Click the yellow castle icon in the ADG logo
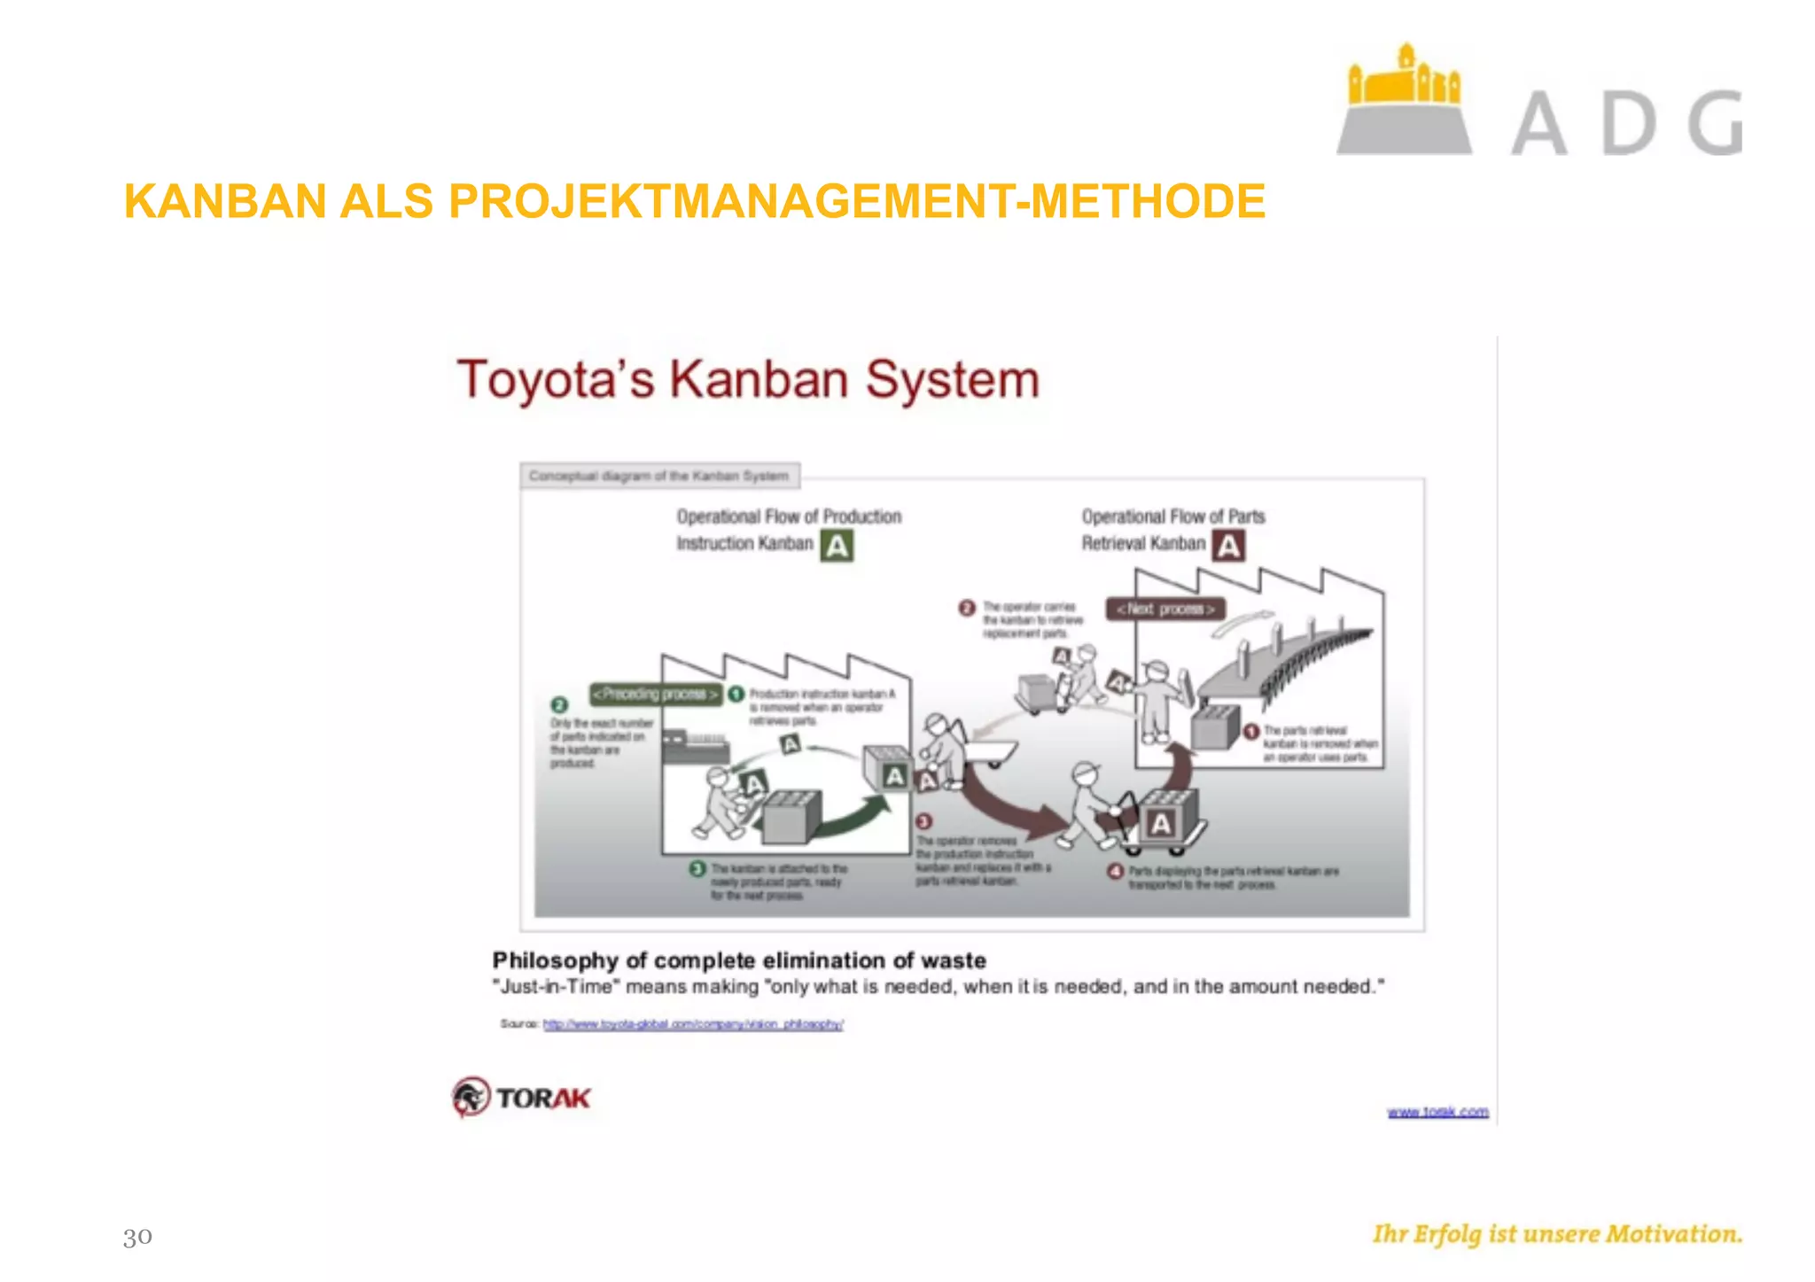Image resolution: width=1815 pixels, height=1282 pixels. (x=1404, y=77)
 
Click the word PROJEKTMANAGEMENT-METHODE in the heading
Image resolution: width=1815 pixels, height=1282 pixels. (x=856, y=201)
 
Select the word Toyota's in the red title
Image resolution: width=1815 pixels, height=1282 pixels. (x=555, y=379)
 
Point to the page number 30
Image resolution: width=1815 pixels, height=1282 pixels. (x=137, y=1236)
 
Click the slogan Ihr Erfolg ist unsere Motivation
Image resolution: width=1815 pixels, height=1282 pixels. (x=1557, y=1234)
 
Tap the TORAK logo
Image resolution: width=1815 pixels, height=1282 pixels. (x=521, y=1097)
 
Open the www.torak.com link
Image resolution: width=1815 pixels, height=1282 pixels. (x=1437, y=1112)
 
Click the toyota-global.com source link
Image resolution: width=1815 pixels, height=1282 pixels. (x=692, y=1024)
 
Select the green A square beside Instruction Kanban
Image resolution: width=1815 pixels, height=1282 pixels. (x=837, y=546)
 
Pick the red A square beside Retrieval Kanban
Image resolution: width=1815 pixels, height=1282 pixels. (x=1228, y=546)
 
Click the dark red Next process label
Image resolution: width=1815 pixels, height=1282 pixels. (x=1165, y=610)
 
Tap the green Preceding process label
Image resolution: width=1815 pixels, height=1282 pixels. (x=655, y=694)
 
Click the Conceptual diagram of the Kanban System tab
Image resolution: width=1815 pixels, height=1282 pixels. (x=659, y=476)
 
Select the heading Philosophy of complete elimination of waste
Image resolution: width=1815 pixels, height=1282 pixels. (x=739, y=960)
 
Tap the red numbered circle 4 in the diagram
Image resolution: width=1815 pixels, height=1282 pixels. (x=1116, y=872)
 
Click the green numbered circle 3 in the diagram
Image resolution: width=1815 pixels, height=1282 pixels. (x=697, y=868)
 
